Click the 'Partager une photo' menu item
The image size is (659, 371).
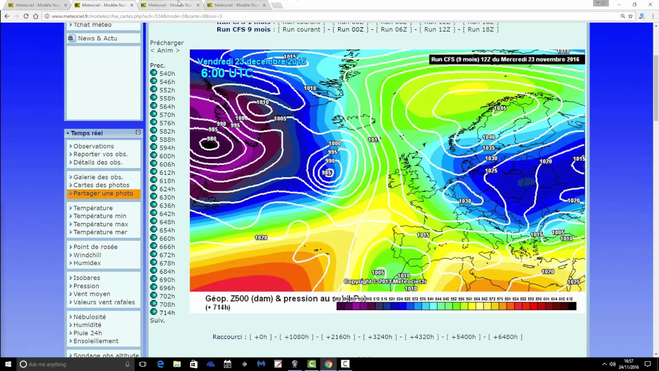tap(103, 193)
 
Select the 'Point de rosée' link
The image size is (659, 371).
tap(95, 247)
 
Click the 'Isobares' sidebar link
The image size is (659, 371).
tap(86, 278)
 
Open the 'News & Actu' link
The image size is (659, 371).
tap(97, 38)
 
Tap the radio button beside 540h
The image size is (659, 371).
tap(153, 73)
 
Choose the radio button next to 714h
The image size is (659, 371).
tap(153, 312)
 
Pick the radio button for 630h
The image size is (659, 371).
tap(153, 197)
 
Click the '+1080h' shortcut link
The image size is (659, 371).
tap(296, 337)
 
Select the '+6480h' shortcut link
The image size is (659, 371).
tap(505, 337)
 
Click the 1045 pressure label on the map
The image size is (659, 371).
tap(500, 108)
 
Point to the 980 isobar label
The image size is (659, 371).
tap(211, 139)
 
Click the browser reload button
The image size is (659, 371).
tap(26, 16)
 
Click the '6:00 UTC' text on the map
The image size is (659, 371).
tap(227, 73)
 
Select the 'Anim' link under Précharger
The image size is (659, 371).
tap(165, 50)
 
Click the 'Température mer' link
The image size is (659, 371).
tap(100, 232)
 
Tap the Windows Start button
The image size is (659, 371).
tap(8, 364)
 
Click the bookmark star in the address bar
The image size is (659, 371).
tap(630, 16)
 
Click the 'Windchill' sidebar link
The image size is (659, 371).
tap(87, 255)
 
